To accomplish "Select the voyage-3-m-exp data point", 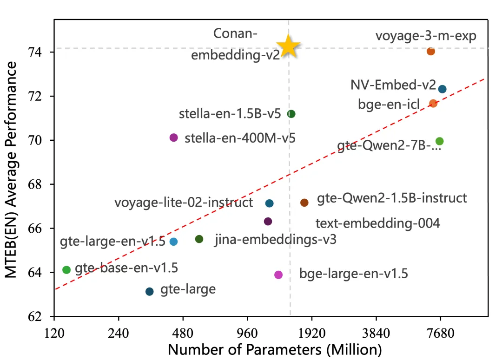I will tap(430, 51).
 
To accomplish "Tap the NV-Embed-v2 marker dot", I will tap(442, 89).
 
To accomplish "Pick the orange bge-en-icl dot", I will tap(433, 103).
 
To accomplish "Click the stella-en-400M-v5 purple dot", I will tap(174, 137).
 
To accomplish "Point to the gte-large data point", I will tap(149, 291).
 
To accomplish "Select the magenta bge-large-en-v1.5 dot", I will tap(278, 275).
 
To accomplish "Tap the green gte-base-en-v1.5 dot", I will tap(66, 269).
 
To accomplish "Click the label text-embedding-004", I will tap(377, 223).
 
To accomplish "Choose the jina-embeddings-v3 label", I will tap(275, 240).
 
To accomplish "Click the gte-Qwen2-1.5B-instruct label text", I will tap(392, 199).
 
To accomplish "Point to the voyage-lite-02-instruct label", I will tap(184, 203).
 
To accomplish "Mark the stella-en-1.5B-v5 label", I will tap(230, 114).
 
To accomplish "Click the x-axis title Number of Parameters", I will tap(274, 349).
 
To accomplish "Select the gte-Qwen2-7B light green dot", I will tap(439, 141).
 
